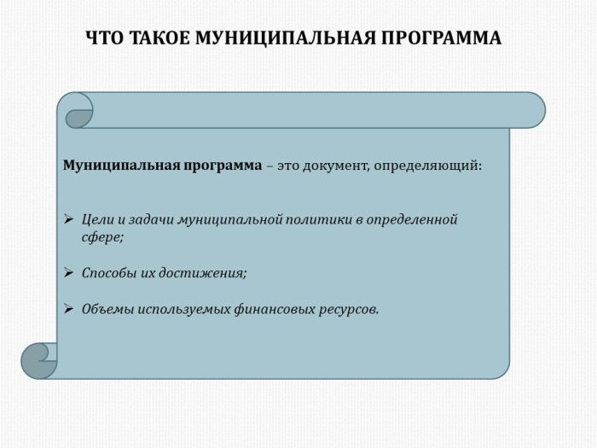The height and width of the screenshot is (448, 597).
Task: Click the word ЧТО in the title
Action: pos(105,38)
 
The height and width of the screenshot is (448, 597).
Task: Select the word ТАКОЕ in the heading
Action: pos(160,38)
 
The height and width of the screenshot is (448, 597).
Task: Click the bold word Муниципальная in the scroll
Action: pos(121,166)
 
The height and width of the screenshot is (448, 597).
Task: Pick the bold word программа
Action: pos(223,166)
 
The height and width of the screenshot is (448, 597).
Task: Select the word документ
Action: pos(336,166)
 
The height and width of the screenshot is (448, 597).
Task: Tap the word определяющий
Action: pos(427,166)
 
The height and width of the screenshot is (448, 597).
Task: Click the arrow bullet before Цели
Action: pos(68,219)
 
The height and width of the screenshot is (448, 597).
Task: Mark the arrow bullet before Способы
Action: pos(68,273)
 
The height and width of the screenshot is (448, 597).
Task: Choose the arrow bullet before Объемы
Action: pos(68,309)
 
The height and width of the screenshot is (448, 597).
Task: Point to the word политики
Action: pos(318,220)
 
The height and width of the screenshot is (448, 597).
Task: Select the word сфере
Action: pos(103,238)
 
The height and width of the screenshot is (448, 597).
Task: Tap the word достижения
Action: pos(203,274)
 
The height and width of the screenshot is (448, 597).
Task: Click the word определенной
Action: pos(412,220)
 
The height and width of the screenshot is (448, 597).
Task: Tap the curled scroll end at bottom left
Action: pos(39,361)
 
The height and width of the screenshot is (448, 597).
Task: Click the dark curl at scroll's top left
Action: pos(78,119)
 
